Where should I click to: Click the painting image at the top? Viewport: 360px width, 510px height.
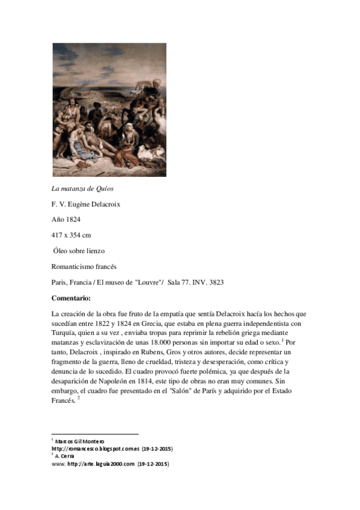(109, 109)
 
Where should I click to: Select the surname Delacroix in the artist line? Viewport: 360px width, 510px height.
(103, 204)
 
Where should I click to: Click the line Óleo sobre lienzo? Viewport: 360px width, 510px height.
(83, 250)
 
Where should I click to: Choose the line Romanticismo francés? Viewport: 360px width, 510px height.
(84, 266)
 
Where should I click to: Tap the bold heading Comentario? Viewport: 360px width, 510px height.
(72, 297)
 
